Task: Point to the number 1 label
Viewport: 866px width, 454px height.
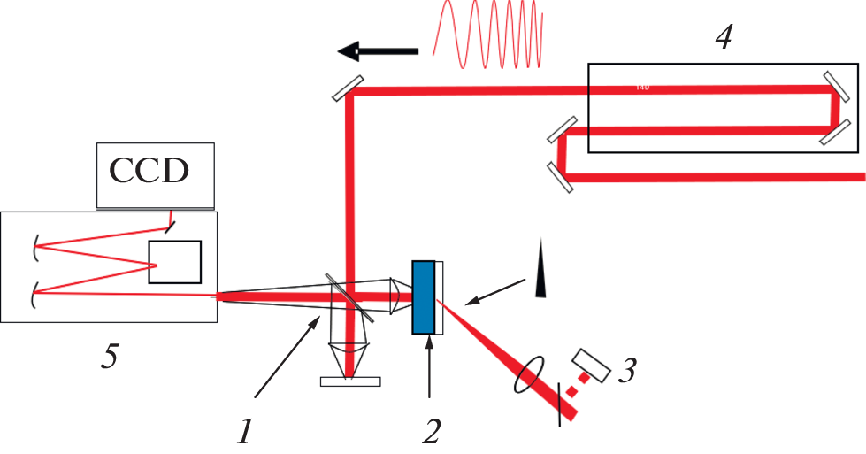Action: (247, 431)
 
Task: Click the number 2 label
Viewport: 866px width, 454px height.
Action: (430, 431)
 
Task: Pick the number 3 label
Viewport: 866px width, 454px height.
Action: (625, 371)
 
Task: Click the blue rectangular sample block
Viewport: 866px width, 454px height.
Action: (424, 297)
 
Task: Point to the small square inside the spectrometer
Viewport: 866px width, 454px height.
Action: (175, 261)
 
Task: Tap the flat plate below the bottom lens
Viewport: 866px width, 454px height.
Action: (350, 382)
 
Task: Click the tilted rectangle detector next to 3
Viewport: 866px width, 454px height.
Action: (590, 366)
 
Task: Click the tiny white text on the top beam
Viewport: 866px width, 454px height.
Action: (642, 87)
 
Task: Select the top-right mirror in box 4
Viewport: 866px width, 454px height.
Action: (834, 85)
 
